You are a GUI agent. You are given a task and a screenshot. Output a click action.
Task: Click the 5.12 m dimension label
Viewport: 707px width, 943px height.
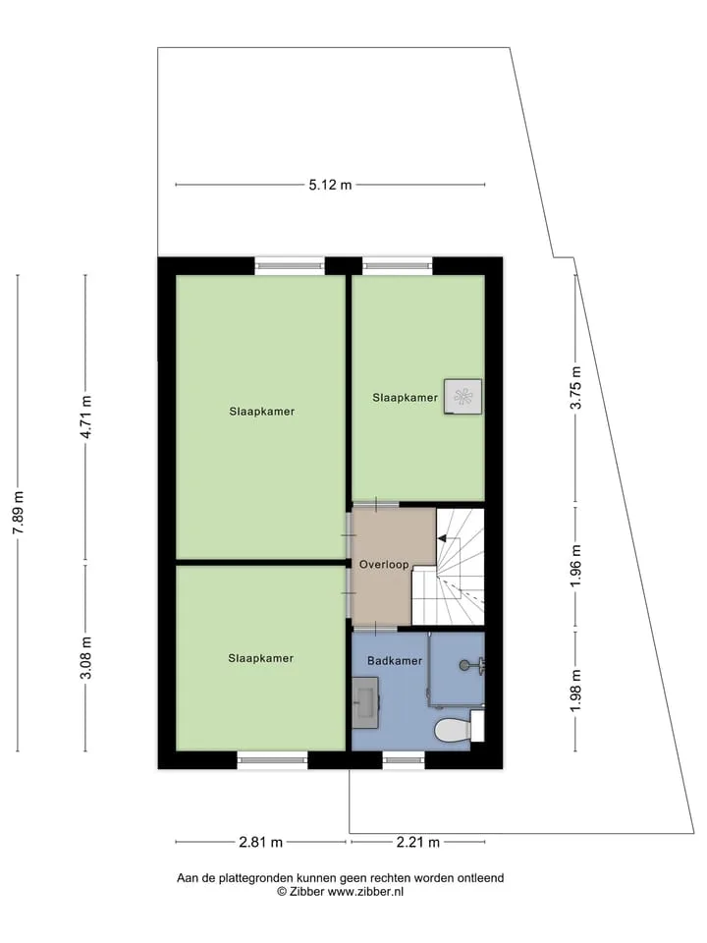tap(330, 186)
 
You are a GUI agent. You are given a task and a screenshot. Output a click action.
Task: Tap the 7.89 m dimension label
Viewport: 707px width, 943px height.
tap(19, 513)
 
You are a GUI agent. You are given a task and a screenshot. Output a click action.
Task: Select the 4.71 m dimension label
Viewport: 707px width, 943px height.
tap(86, 416)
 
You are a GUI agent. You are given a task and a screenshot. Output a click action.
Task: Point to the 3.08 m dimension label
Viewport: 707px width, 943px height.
tap(86, 658)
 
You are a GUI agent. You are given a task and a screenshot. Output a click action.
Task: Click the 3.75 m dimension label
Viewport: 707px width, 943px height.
tap(576, 387)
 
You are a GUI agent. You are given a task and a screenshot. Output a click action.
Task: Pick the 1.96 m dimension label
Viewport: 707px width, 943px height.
tap(576, 567)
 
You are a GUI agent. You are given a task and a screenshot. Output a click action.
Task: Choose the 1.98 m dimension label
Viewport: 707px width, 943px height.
tap(576, 691)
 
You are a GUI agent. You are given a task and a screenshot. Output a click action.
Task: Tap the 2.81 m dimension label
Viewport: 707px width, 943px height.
tap(260, 842)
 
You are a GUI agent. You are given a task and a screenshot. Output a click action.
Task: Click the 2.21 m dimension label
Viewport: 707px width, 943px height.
tap(418, 842)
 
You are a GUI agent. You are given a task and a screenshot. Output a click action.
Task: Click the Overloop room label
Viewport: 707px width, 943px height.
tap(384, 565)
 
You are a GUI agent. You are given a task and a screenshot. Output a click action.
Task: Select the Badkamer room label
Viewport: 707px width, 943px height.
tap(395, 660)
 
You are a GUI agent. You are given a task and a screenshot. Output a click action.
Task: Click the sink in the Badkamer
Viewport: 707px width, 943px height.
tap(365, 702)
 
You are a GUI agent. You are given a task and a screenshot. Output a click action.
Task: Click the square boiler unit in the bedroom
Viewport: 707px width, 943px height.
tap(462, 396)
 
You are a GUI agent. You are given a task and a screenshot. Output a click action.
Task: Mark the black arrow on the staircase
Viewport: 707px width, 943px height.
tap(443, 538)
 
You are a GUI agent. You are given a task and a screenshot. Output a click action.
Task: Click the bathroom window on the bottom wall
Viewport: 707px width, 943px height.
tap(404, 760)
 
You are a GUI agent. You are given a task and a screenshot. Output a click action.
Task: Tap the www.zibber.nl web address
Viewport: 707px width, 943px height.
tap(365, 892)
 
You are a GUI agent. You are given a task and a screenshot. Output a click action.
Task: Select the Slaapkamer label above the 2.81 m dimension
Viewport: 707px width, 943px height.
tap(261, 658)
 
